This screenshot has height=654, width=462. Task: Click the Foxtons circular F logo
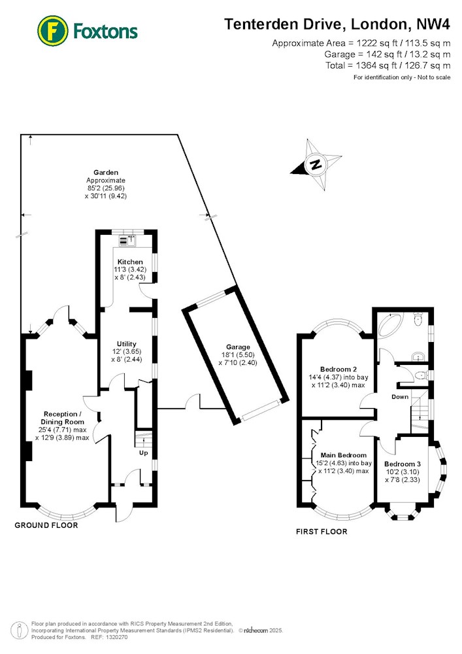[x=52, y=31]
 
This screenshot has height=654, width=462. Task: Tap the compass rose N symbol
[x=316, y=164]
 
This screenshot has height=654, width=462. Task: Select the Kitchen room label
[x=130, y=262]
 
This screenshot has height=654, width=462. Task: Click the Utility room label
[x=127, y=344]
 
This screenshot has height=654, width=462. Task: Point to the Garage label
[x=239, y=347]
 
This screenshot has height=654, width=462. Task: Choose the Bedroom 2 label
[x=338, y=369]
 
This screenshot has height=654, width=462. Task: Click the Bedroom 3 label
[x=403, y=464]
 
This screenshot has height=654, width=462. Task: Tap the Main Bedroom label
[x=344, y=455]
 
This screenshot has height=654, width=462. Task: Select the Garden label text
[x=106, y=172]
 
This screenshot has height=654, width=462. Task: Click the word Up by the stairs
[x=143, y=453]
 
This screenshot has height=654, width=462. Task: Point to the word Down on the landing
[x=400, y=397]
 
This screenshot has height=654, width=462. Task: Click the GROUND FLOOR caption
[x=46, y=525]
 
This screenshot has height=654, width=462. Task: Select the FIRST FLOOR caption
[x=322, y=531]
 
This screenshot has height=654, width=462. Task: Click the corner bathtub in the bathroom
[x=390, y=324]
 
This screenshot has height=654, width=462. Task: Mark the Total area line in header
[x=388, y=65]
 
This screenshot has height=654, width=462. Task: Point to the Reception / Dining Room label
[x=63, y=418]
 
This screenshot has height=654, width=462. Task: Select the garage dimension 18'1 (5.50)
[x=238, y=355]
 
